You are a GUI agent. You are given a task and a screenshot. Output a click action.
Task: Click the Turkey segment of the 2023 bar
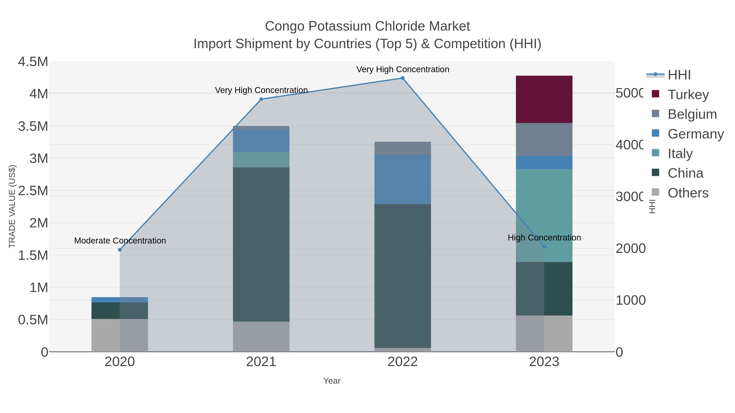pyautogui.click(x=544, y=99)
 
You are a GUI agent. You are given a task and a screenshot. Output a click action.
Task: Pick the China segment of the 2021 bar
pyautogui.click(x=261, y=244)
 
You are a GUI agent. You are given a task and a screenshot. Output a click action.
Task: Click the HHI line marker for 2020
pyautogui.click(x=120, y=250)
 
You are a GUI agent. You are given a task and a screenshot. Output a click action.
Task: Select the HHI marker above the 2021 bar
pyautogui.click(x=261, y=99)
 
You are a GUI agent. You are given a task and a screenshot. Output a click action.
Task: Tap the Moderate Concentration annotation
pyautogui.click(x=120, y=241)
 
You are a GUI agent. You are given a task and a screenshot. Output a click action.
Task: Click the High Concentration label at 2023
pyautogui.click(x=544, y=237)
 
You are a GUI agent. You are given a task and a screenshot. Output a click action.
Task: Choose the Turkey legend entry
pyautogui.click(x=688, y=94)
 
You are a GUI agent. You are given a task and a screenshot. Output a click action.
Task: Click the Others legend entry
pyautogui.click(x=688, y=193)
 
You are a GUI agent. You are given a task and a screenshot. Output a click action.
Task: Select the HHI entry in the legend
pyautogui.click(x=679, y=75)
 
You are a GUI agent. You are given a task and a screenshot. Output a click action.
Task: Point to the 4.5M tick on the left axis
pyautogui.click(x=33, y=62)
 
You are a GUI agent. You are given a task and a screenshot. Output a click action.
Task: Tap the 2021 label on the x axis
pyautogui.click(x=261, y=362)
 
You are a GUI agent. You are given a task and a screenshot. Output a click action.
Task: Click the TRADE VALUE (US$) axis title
pyautogui.click(x=12, y=206)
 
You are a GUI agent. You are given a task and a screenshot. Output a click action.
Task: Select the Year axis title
pyautogui.click(x=332, y=381)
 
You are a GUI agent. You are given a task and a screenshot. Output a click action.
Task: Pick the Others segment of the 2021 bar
pyautogui.click(x=261, y=336)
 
